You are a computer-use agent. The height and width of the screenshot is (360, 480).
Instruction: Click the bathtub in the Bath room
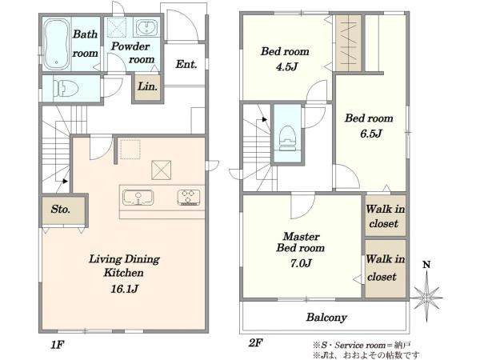click(x=56, y=44)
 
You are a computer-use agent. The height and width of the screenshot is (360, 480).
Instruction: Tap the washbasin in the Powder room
click(x=146, y=27)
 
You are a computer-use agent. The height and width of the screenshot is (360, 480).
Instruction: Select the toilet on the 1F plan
click(x=66, y=89)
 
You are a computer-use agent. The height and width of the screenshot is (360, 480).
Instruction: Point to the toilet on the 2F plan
click(x=287, y=138)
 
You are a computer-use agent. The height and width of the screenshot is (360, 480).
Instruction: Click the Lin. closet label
click(x=147, y=86)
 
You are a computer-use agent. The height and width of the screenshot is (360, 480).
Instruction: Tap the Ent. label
click(x=186, y=64)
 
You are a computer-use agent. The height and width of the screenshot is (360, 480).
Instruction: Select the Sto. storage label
click(x=60, y=209)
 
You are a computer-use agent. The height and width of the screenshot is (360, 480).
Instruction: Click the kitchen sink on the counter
click(x=138, y=198)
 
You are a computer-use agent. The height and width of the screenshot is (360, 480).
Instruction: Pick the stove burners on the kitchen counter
click(x=189, y=198)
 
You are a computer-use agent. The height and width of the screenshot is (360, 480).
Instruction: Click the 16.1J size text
click(x=125, y=289)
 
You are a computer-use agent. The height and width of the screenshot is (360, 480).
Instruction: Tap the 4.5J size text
click(x=286, y=66)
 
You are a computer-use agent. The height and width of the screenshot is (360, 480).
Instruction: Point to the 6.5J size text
click(x=370, y=134)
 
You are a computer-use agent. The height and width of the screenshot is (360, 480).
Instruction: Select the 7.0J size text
click(x=301, y=262)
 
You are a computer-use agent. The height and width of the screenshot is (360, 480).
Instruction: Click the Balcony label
click(x=326, y=317)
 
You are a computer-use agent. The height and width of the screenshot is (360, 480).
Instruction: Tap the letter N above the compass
click(x=426, y=265)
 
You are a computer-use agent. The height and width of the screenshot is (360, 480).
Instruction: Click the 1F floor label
click(x=58, y=345)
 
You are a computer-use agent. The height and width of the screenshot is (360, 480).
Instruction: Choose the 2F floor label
click(x=255, y=343)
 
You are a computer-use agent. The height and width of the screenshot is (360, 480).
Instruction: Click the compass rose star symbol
click(x=426, y=297)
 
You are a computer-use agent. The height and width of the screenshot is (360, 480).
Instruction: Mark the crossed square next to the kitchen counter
click(x=162, y=170)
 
